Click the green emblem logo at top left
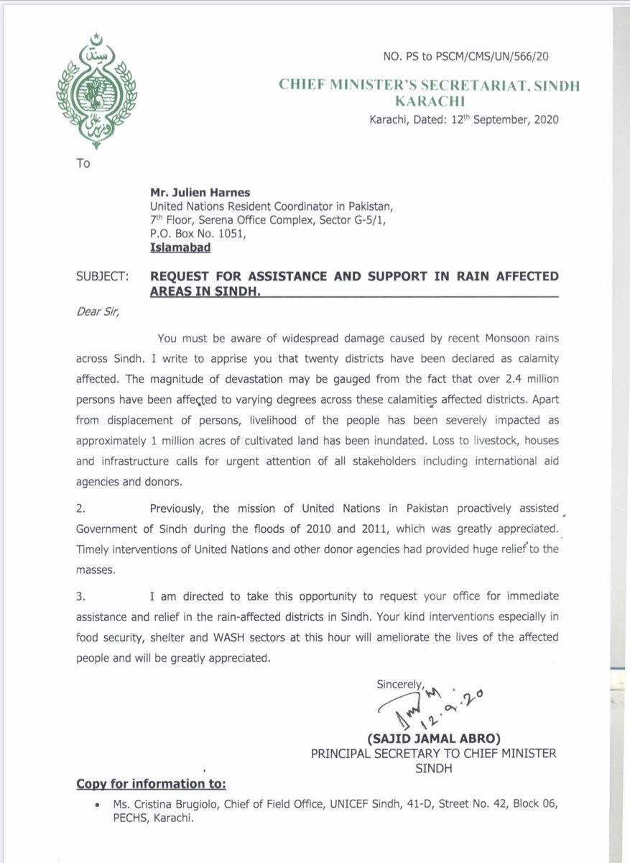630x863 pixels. coord(96,91)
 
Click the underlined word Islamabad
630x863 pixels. coord(181,247)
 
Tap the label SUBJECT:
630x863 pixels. coord(103,277)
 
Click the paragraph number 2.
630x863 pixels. coord(80,508)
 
